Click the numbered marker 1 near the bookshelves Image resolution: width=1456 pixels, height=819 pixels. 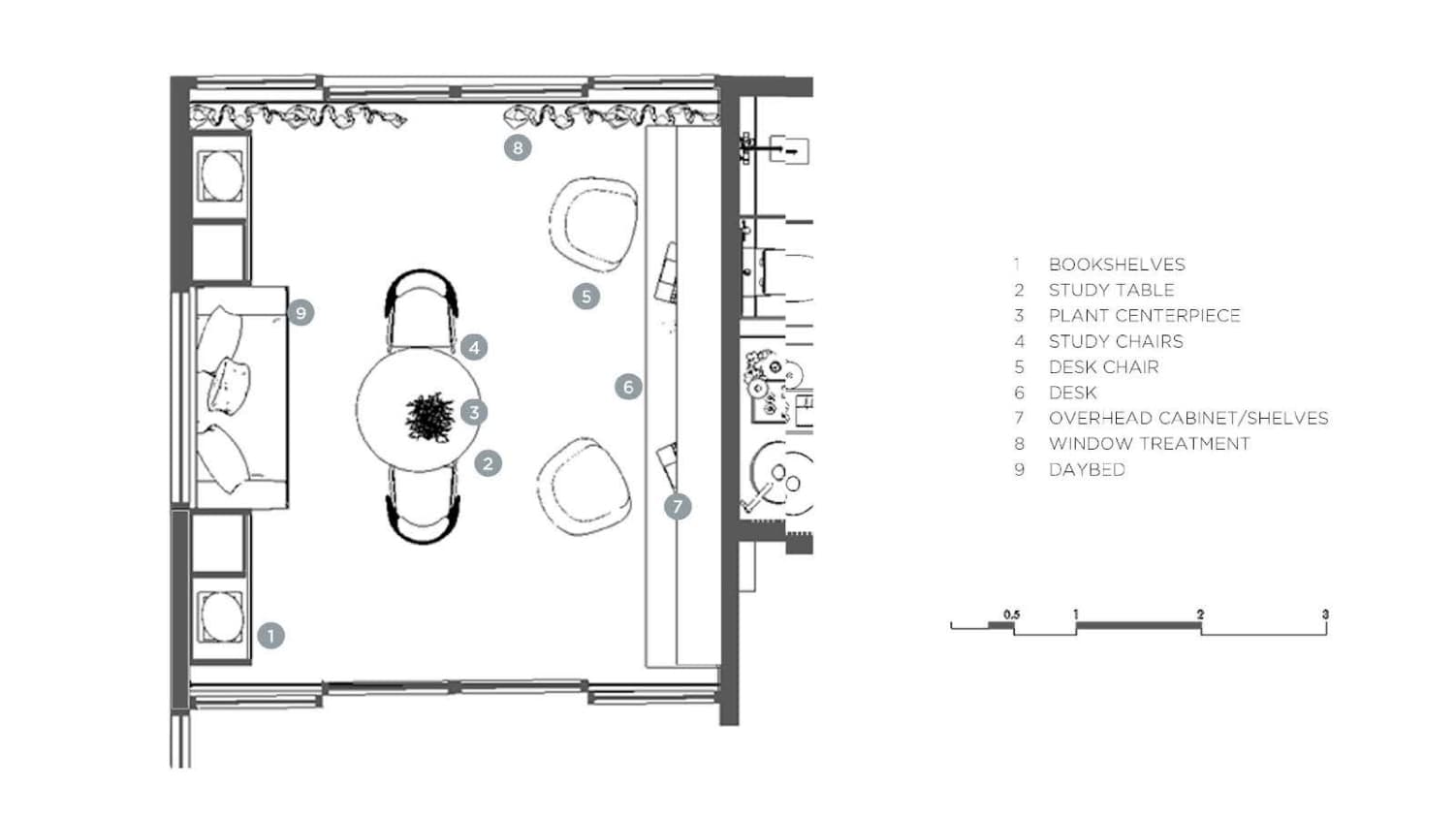pyautogui.click(x=270, y=636)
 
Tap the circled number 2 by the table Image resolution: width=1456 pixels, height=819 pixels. pyautogui.click(x=488, y=463)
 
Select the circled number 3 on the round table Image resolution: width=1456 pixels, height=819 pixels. pyautogui.click(x=474, y=412)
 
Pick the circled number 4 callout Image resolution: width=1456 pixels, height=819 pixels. pyautogui.click(x=474, y=347)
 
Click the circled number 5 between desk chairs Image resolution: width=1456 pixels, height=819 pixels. pyautogui.click(x=586, y=297)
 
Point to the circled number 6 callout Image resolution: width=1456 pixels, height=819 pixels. pyautogui.click(x=628, y=388)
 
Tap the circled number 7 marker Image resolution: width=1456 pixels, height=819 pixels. pyautogui.click(x=678, y=506)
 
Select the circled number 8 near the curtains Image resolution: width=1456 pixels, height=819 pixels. pyautogui.click(x=518, y=148)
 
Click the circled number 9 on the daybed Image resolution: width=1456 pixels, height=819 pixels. pyautogui.click(x=301, y=313)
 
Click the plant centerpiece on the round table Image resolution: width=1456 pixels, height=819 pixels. pyautogui.click(x=427, y=418)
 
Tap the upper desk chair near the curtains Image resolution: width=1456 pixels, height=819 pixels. pyautogui.click(x=593, y=224)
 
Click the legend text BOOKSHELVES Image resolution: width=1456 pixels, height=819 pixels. pyautogui.click(x=1117, y=265)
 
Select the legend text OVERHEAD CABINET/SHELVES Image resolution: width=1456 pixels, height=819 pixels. pyautogui.click(x=1188, y=419)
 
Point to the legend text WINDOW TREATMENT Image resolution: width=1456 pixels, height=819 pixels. pyautogui.click(x=1149, y=444)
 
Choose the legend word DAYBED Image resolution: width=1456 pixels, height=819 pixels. pyautogui.click(x=1087, y=470)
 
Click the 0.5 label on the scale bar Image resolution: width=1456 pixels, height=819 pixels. pyautogui.click(x=1011, y=614)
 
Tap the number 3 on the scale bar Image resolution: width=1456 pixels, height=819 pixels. pyautogui.click(x=1325, y=614)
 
